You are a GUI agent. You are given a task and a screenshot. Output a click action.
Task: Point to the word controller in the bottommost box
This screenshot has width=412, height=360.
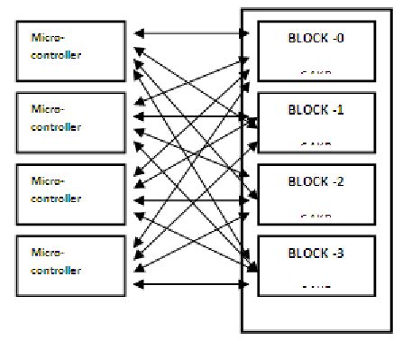[56, 271]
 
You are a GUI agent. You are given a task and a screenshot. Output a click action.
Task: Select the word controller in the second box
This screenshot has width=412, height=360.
[56, 126]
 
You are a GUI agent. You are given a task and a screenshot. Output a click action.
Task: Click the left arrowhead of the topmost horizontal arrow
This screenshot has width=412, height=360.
[138, 35]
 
